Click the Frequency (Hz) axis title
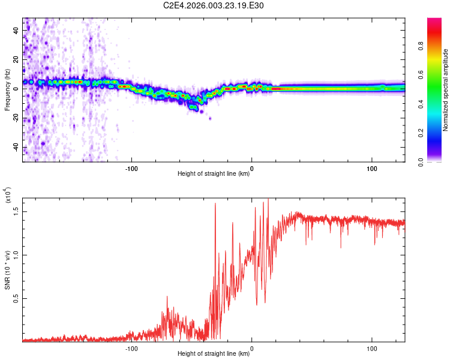[x=7, y=89]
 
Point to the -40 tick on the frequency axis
[x=16, y=148]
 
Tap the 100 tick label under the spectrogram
[x=371, y=168]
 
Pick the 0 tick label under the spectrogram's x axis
[x=251, y=168]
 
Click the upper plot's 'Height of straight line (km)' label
[x=214, y=174]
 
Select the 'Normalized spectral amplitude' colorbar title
[x=446, y=90]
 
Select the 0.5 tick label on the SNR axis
[x=16, y=298]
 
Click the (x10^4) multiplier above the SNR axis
[x=8, y=196]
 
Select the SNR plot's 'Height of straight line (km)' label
[x=214, y=354]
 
